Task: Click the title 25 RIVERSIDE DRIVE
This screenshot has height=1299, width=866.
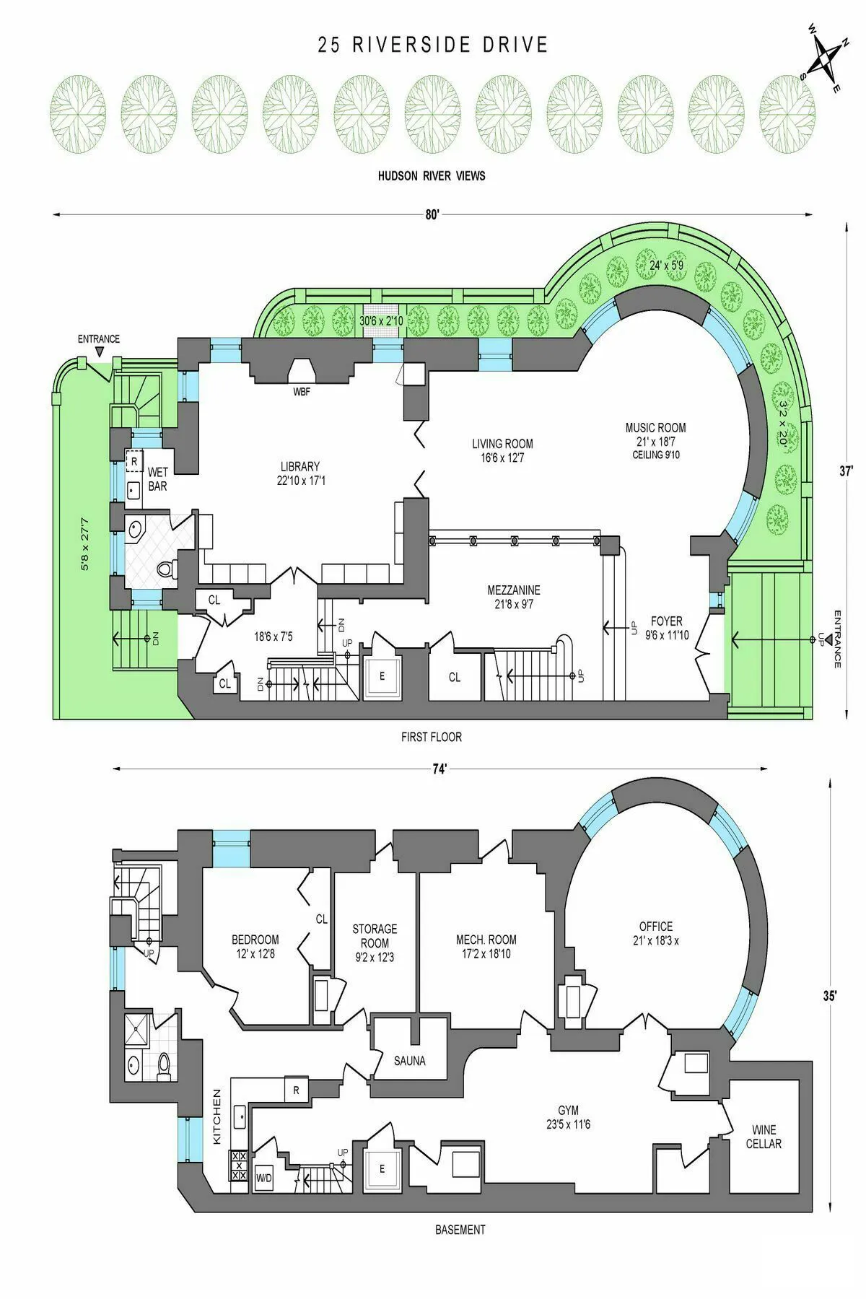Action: (433, 45)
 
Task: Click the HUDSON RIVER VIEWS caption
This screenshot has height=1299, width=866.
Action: (432, 175)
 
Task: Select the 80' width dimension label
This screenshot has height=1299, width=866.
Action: (432, 214)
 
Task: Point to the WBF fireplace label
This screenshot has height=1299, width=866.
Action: (302, 392)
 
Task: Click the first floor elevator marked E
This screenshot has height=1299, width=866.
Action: (382, 677)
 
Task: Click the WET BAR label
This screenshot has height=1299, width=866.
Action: (157, 479)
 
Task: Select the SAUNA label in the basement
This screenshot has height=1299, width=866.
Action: (409, 1061)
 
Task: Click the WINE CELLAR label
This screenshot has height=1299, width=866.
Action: (764, 1137)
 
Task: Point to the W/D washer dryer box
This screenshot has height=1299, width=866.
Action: (264, 1178)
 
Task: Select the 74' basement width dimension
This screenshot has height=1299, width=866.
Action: (440, 769)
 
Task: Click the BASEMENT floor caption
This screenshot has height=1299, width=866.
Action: (460, 1230)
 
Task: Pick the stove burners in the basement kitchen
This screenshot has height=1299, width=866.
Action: (238, 1165)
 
